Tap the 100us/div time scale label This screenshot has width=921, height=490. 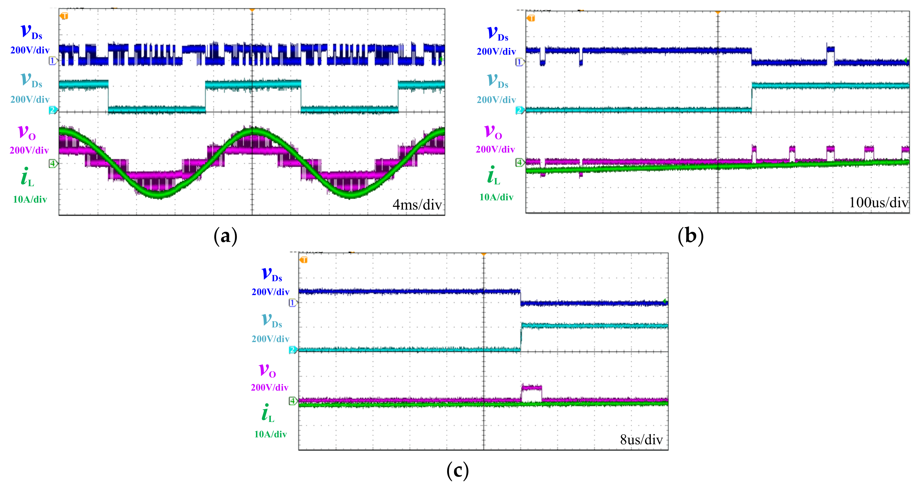(x=878, y=203)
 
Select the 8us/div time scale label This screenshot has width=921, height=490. (x=641, y=440)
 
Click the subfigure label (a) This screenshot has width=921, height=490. (x=225, y=236)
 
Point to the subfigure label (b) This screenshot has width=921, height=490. (x=690, y=236)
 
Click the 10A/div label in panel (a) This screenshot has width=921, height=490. (x=30, y=200)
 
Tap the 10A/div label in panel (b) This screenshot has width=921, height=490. (x=496, y=197)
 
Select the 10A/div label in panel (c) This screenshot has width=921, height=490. (x=270, y=434)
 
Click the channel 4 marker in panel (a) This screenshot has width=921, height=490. (x=53, y=164)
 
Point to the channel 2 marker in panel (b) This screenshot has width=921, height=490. (x=519, y=110)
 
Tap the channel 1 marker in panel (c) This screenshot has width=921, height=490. (x=292, y=303)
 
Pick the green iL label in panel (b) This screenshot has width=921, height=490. (x=493, y=176)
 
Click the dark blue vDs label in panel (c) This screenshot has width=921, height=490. (x=272, y=275)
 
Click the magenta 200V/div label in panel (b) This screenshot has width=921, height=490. (x=495, y=149)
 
